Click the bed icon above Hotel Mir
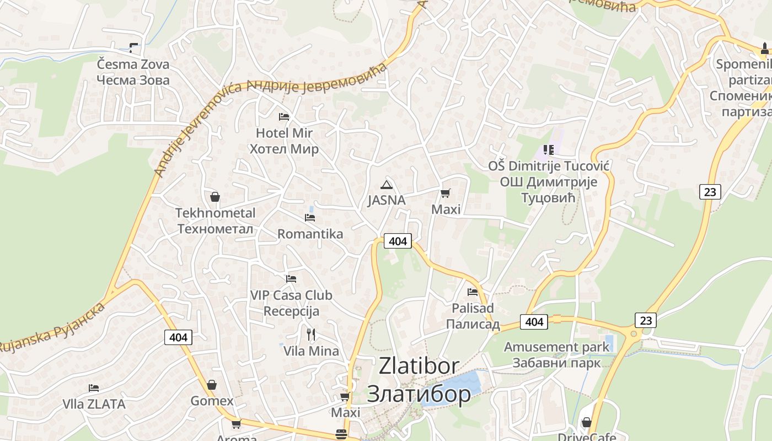tap(284, 117)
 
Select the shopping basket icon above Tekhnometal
tap(215, 197)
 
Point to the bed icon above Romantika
tap(310, 218)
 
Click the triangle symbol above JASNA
tap(387, 184)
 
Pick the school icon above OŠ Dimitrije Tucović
tap(548, 150)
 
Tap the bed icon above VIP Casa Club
tap(291, 279)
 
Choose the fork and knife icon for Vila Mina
tap(311, 334)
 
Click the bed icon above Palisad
tap(473, 292)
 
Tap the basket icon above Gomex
tap(212, 385)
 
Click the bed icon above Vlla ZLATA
tap(94, 388)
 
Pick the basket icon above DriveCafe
tap(586, 422)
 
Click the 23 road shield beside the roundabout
tap(646, 320)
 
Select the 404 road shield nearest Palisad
tap(534, 321)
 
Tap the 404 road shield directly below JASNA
tap(398, 241)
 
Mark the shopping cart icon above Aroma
tap(236, 424)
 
